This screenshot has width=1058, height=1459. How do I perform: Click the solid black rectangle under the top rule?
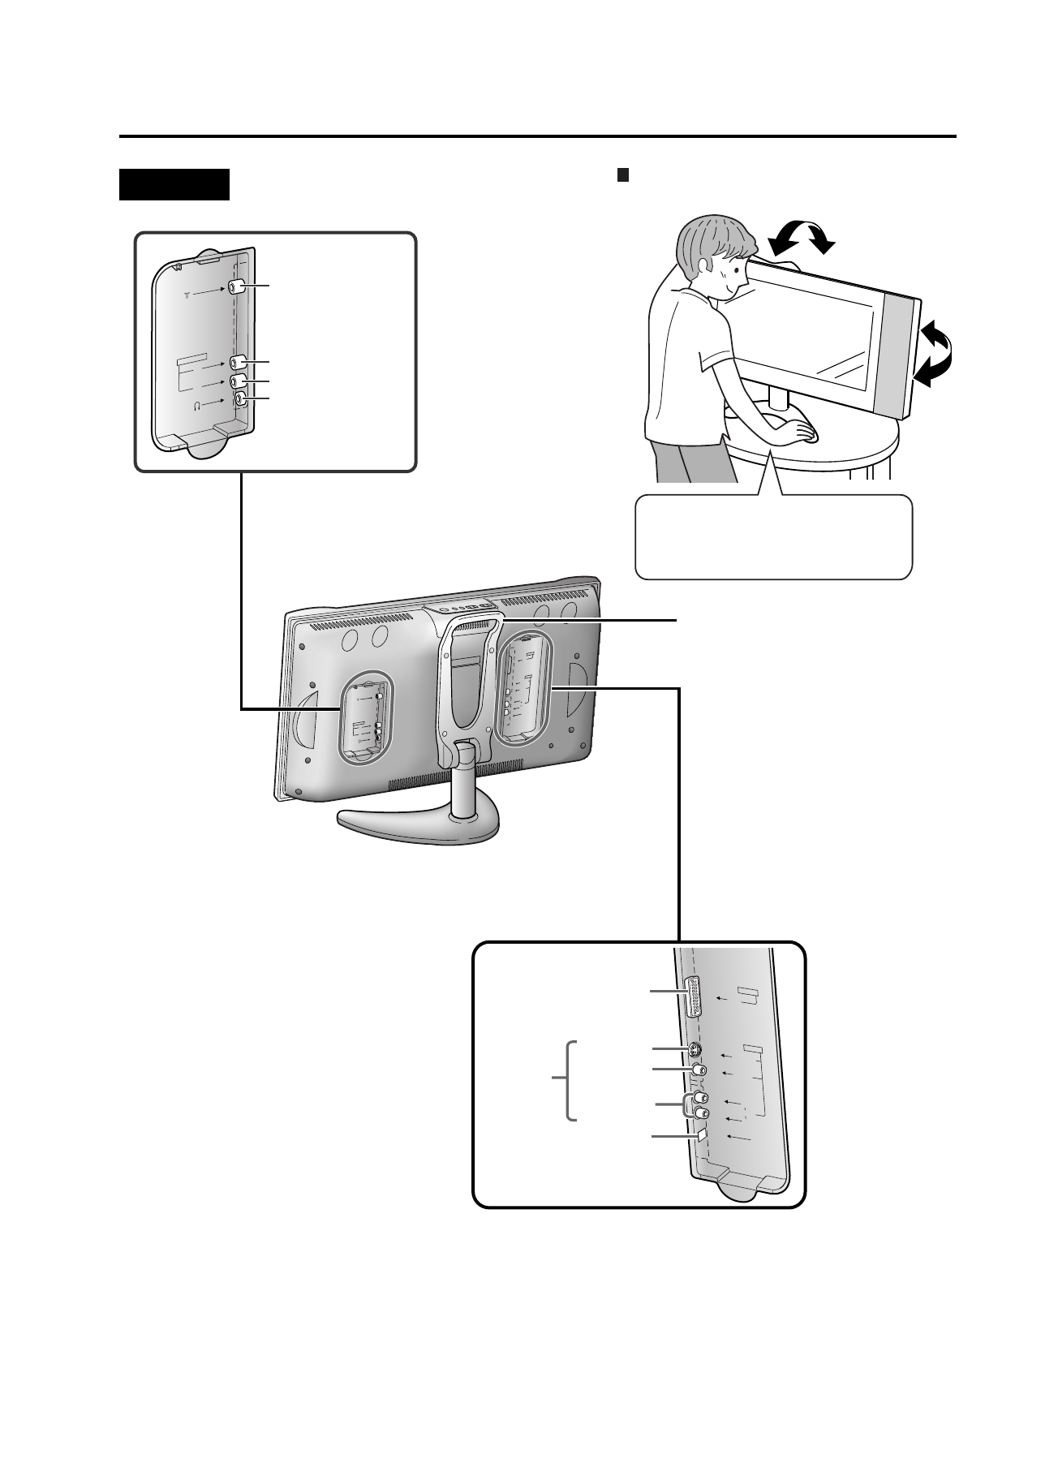point(174,184)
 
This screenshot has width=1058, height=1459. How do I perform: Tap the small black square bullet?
point(623,174)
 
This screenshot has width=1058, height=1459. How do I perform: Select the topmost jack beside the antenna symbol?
point(236,287)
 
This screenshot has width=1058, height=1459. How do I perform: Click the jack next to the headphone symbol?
point(241,398)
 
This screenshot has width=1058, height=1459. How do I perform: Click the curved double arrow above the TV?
point(802,237)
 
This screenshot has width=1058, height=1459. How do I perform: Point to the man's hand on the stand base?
point(803,433)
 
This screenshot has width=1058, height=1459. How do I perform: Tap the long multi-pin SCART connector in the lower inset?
point(694,996)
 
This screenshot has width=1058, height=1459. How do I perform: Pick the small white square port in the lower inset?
point(703,1134)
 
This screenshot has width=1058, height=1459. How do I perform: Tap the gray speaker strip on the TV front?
point(897,357)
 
